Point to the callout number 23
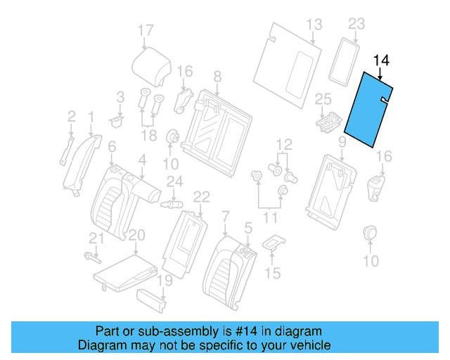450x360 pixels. click(357, 25)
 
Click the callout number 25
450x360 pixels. click(322, 99)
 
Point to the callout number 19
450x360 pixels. click(163, 281)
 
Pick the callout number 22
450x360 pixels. click(201, 197)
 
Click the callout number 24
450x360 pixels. click(174, 182)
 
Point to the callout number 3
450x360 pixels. click(120, 96)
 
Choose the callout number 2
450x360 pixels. click(71, 116)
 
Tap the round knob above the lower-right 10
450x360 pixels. click(370, 233)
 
